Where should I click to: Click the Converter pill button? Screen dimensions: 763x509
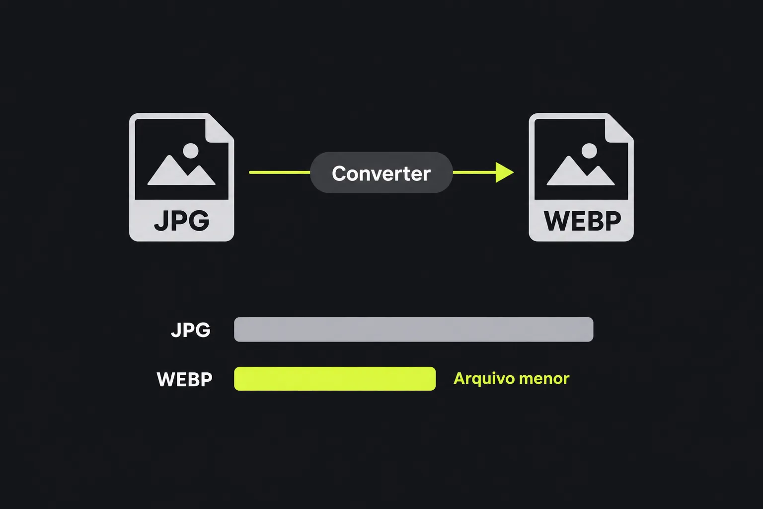[381, 172]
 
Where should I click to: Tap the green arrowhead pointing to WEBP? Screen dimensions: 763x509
[505, 172]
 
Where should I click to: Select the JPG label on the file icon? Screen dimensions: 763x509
[181, 221]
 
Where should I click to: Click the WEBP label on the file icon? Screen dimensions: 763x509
[582, 221]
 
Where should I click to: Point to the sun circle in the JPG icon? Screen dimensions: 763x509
[190, 150]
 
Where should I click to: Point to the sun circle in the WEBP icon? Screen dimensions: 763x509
[589, 150]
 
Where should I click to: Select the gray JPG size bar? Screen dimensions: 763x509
[413, 330]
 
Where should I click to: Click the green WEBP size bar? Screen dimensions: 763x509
[335, 379]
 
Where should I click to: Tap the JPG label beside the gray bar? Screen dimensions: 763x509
[191, 330]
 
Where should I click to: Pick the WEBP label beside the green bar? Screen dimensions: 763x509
[184, 379]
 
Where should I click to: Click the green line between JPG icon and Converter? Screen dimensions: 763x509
[280, 172]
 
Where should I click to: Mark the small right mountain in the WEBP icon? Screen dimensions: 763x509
[600, 176]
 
